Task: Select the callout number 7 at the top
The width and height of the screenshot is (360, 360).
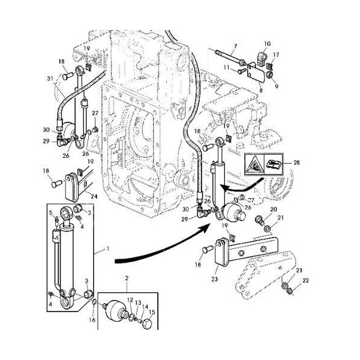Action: pos(235,46)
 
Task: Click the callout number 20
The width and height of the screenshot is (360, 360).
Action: pos(273,209)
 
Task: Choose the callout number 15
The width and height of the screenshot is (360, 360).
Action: pos(152,313)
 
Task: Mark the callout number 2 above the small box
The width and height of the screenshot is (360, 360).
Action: pos(126,279)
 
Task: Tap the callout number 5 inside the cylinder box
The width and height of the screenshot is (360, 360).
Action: pos(51,212)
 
